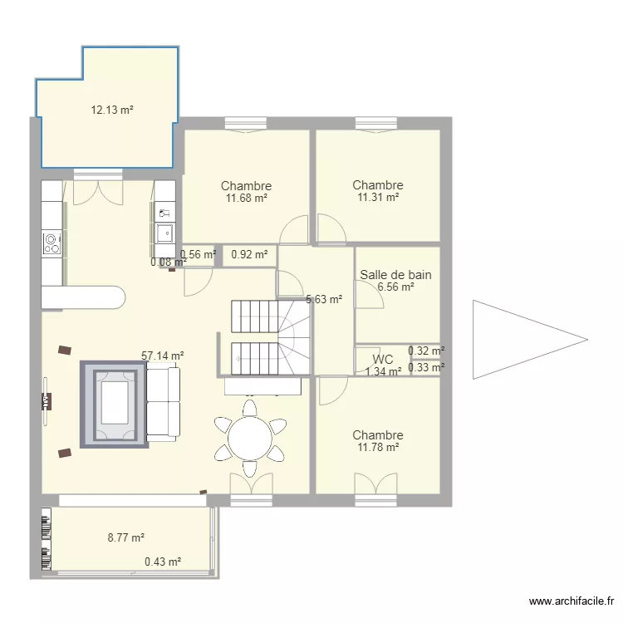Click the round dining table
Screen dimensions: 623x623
pos(250,439)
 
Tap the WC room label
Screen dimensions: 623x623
pos(383,359)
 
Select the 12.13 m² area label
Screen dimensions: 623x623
pos(112,110)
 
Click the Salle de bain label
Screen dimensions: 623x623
pos(395,275)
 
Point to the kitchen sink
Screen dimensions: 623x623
pos(164,233)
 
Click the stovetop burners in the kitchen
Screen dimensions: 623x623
pos(52,243)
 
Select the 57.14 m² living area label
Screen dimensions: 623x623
pos(163,356)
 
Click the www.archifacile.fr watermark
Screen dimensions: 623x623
pos(571,601)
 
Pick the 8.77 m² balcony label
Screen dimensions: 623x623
pos(126,537)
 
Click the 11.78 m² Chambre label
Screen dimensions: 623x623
pos(378,441)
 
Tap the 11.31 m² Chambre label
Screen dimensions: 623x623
pos(378,191)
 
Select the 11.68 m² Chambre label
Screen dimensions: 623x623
pos(247,192)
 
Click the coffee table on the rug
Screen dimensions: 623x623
pos(115,403)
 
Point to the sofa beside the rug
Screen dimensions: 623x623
pos(164,404)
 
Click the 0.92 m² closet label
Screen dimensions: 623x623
pos(249,254)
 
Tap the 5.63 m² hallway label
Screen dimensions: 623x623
pos(324,299)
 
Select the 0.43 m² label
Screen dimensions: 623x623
pos(163,562)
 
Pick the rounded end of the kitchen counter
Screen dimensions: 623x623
pos(118,297)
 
